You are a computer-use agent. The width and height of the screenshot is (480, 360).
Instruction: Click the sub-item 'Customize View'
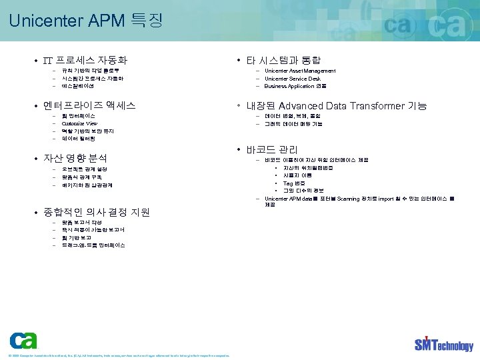[x=79, y=123]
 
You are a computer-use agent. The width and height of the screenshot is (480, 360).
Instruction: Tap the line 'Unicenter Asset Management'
[x=300, y=71]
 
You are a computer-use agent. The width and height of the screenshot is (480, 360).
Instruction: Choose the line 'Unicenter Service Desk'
[x=293, y=79]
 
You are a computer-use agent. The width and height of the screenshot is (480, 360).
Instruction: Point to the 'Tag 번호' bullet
[x=294, y=183]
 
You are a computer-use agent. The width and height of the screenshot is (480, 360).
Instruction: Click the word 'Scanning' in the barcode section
[x=351, y=198]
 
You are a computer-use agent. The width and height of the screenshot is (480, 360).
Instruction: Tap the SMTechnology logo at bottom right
[x=443, y=343]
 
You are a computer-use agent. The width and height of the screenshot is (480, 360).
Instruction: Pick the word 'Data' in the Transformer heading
[x=339, y=105]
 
